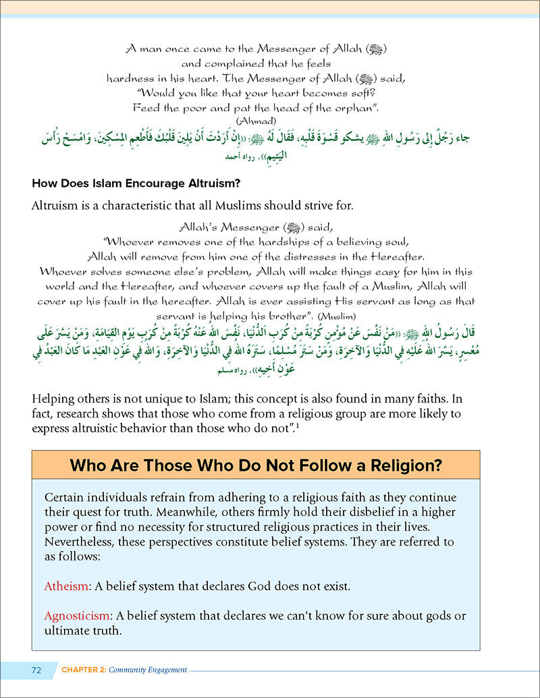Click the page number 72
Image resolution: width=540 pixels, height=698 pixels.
point(36,670)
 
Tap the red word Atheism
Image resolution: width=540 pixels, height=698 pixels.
point(65,585)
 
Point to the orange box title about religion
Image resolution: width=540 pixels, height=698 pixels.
point(256,465)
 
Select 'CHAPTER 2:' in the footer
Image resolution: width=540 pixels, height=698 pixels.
point(85,670)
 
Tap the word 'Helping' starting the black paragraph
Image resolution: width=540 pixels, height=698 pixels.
point(52,399)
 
